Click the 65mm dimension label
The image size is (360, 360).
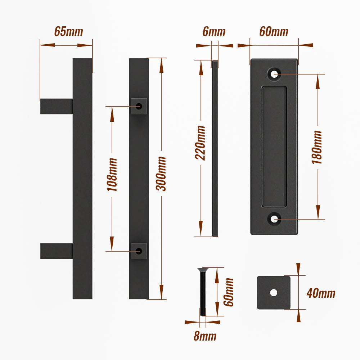pyautogui.click(x=68, y=31)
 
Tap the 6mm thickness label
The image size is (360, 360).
pyautogui.click(x=214, y=31)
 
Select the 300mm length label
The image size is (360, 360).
pyautogui.click(x=161, y=174)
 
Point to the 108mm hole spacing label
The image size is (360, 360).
pyautogui.click(x=112, y=175)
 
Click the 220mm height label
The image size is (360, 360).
pyautogui.click(x=200, y=143)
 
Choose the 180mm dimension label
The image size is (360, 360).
pyautogui.click(x=317, y=147)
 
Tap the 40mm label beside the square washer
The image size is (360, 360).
pyautogui.click(x=321, y=293)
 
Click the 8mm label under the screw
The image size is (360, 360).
pyautogui.click(x=205, y=336)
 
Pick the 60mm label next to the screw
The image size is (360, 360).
pyautogui.click(x=229, y=292)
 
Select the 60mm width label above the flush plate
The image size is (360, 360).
pyautogui.click(x=274, y=31)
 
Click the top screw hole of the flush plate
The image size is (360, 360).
pyautogui.click(x=274, y=74)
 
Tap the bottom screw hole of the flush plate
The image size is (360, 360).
pyautogui.click(x=274, y=219)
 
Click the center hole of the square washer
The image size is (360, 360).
pyautogui.click(x=274, y=292)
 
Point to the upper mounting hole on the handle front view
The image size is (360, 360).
pyautogui.click(x=139, y=106)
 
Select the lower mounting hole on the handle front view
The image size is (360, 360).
pyautogui.click(x=139, y=251)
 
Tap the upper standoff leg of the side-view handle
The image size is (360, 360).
pyautogui.click(x=57, y=106)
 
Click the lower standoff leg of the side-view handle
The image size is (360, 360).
pyautogui.click(x=57, y=251)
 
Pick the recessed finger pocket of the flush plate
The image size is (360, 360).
pyautogui.click(x=274, y=147)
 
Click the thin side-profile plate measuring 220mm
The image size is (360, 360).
pyautogui.click(x=215, y=148)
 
